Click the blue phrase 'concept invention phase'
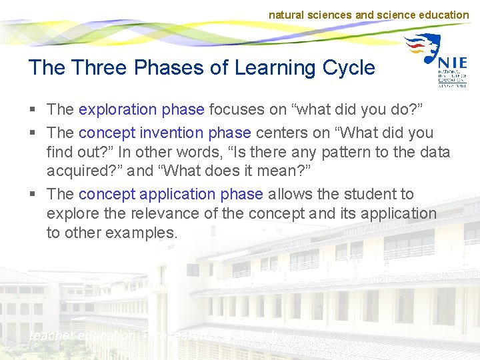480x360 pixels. click(x=165, y=133)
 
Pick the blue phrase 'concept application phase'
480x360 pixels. click(x=171, y=194)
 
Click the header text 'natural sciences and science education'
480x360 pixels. click(x=369, y=15)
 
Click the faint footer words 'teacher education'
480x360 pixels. click(x=81, y=336)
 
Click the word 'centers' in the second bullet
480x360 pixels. click(x=282, y=133)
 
